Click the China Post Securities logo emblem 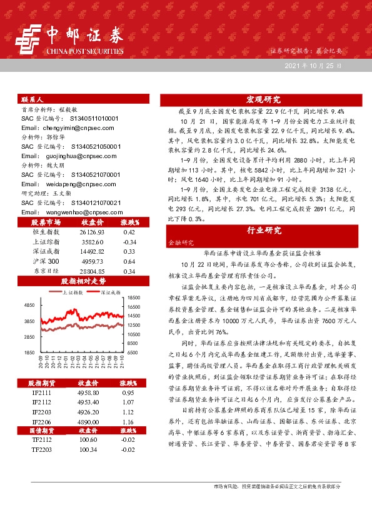click(x=28, y=39)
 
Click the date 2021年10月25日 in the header click(x=313, y=65)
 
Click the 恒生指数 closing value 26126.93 click(x=91, y=232)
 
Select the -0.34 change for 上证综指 click(x=129, y=241)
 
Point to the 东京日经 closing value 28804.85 click(x=91, y=271)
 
